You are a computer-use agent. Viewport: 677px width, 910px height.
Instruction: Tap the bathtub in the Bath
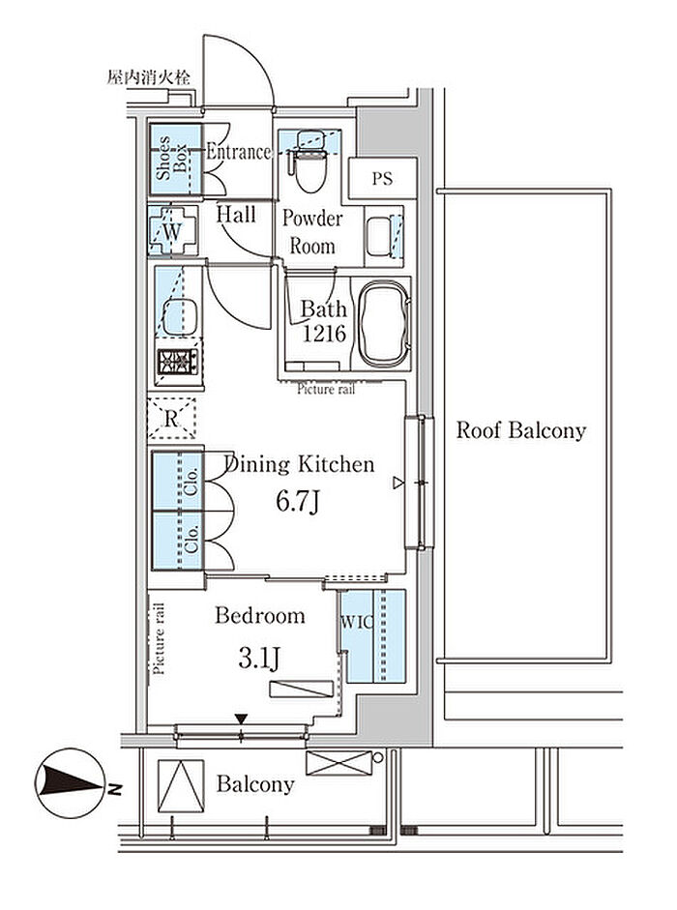click(384, 323)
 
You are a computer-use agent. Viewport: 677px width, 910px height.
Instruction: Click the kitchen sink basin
click(180, 317)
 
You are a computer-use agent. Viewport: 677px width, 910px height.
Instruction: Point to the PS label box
click(382, 178)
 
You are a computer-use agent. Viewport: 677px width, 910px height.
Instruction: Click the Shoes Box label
click(172, 158)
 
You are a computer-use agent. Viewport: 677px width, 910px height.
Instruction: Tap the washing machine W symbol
click(172, 231)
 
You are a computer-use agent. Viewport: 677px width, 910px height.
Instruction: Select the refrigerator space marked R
click(171, 418)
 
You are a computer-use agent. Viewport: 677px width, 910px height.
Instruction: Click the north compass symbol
click(72, 783)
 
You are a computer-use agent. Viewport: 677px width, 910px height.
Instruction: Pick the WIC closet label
click(356, 622)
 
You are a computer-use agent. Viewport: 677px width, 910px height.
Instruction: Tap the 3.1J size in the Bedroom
click(259, 658)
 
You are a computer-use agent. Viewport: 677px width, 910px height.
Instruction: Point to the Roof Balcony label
click(521, 430)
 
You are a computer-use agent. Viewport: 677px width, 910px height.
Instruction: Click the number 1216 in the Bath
click(324, 333)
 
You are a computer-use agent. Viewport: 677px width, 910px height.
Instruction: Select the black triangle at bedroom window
click(242, 719)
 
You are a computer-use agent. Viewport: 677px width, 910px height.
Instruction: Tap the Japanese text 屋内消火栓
click(149, 77)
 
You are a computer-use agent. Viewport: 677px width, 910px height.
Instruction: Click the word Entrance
click(239, 152)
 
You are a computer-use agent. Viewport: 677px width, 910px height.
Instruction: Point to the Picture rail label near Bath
click(326, 389)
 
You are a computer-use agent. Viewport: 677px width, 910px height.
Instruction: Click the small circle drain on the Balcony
click(378, 757)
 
